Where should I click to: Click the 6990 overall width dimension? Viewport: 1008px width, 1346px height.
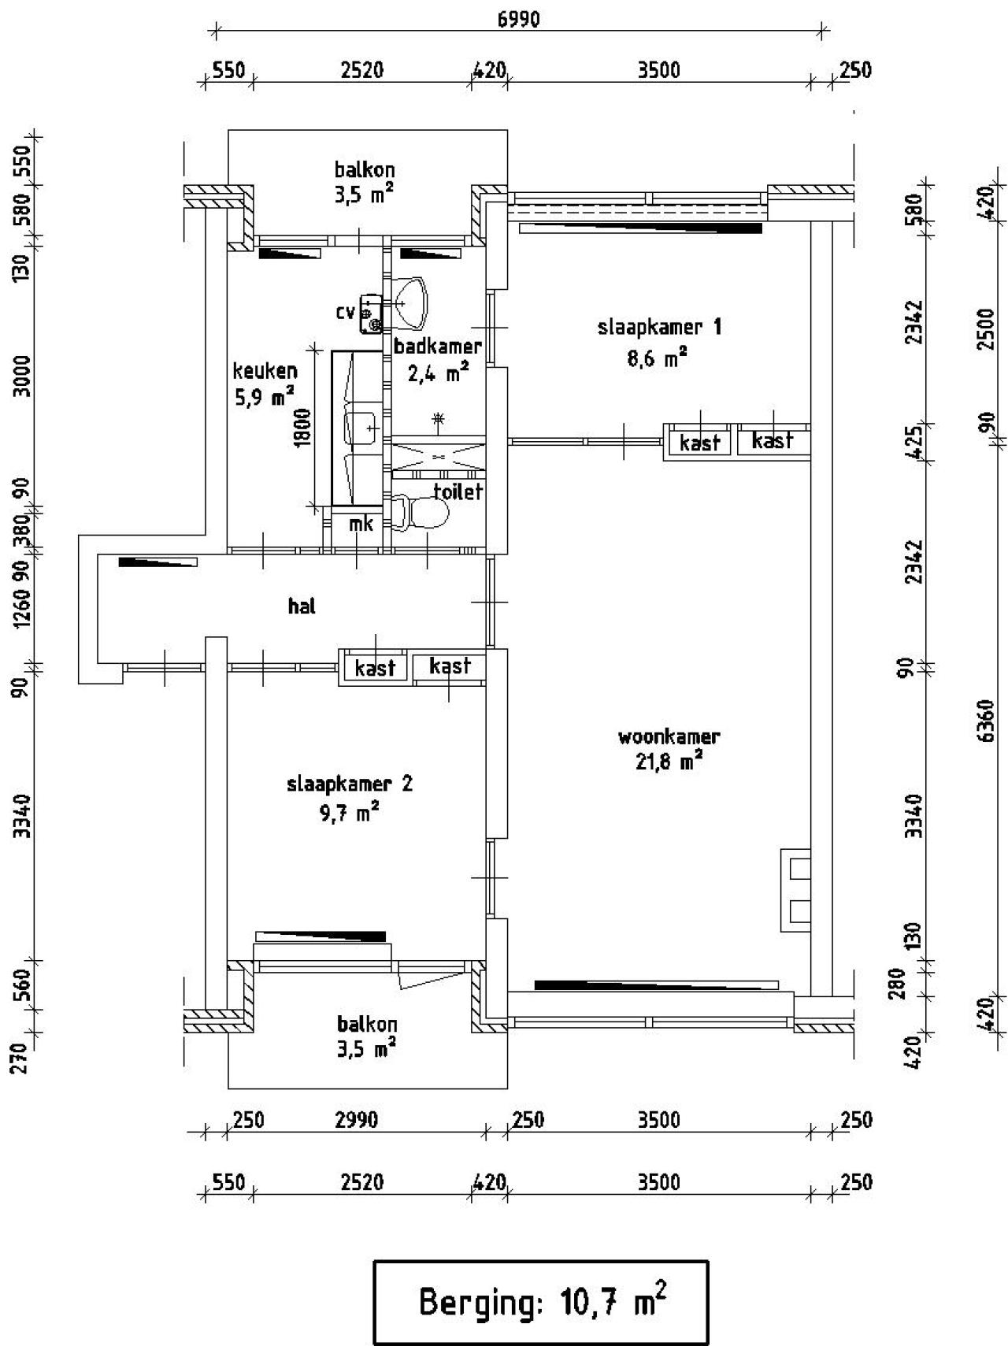tap(519, 19)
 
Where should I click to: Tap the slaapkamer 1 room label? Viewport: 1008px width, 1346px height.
tap(659, 327)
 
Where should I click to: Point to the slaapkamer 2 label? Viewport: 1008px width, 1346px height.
tap(349, 784)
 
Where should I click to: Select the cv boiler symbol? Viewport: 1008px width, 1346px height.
tap(371, 313)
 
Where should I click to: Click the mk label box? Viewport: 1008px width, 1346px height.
tap(361, 524)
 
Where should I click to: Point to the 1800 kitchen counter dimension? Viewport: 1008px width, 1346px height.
tap(304, 427)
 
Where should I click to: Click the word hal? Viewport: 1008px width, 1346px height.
tap(302, 606)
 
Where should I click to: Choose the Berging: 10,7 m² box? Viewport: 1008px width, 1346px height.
tap(541, 1302)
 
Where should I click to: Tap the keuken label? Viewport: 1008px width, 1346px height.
tap(265, 371)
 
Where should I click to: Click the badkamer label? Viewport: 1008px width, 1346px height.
tap(438, 346)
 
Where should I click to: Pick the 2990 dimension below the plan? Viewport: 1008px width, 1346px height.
tap(357, 1119)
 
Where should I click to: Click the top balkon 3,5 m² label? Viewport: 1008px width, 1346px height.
tap(365, 182)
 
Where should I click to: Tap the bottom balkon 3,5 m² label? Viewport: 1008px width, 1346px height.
tap(367, 1036)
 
